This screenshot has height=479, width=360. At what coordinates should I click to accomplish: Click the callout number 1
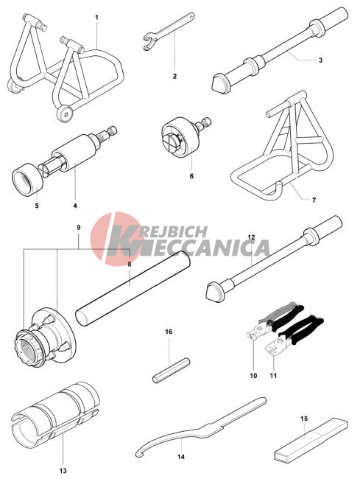pos(96,17)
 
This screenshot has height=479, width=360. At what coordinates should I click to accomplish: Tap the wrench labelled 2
pos(169,30)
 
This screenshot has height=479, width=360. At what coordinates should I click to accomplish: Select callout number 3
pos(320,60)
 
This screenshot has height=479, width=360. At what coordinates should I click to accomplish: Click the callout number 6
pos(191,176)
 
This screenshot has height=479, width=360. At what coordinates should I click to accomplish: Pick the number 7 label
pos(314,200)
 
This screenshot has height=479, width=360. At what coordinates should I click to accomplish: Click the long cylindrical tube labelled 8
pos(133,287)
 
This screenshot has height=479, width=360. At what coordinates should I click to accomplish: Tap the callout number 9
pos(79,227)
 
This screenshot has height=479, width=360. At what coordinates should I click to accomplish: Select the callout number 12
pos(251,237)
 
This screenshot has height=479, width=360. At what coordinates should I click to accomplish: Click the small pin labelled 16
pos(171,370)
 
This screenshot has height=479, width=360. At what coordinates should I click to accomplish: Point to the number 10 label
pos(253,375)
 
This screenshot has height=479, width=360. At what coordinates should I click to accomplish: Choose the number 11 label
pos(273,375)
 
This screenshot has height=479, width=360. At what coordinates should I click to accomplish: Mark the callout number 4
pos(75,206)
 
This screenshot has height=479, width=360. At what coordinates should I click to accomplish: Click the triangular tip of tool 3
pos(220,83)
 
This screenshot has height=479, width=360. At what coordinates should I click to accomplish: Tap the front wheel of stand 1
pos(65,114)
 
